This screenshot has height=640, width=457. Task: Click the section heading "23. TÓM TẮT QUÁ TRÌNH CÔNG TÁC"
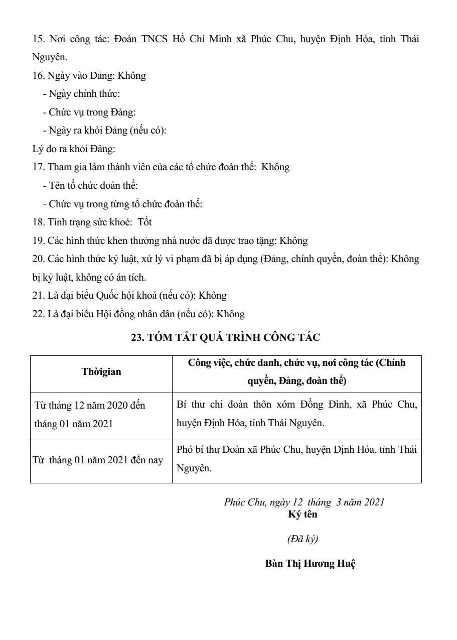pos(225,338)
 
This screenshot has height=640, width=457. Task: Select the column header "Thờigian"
pos(101,372)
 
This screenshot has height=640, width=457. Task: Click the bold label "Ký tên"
pos(303,515)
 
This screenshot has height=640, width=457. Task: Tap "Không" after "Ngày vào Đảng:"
pos(131,76)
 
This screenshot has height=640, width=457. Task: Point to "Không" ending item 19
pos(293,241)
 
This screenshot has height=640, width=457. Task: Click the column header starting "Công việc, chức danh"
pos(297,372)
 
